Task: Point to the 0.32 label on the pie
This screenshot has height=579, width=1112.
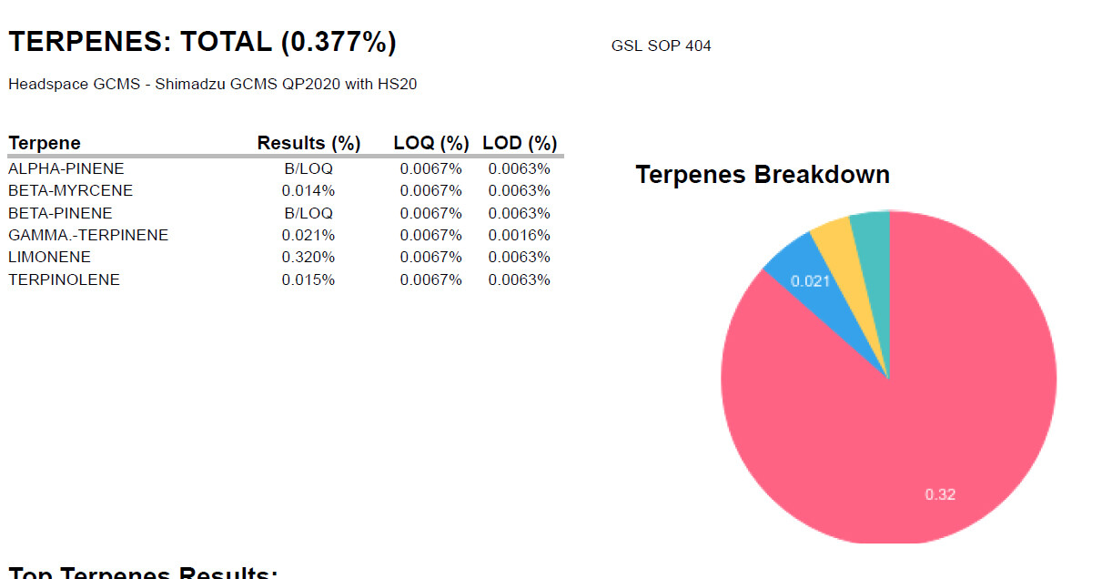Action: point(940,494)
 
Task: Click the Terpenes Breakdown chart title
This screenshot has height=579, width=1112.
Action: point(763,175)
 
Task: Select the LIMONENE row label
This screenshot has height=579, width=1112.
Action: point(50,258)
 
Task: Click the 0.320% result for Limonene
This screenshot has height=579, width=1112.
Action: point(308,258)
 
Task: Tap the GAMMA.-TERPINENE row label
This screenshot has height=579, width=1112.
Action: point(88,235)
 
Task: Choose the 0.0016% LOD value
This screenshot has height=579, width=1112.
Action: point(519,235)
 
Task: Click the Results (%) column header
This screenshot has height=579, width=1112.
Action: point(308,143)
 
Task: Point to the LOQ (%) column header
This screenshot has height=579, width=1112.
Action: point(431,143)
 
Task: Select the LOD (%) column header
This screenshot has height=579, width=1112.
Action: point(520,143)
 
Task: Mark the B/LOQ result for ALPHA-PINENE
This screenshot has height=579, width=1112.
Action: point(308,168)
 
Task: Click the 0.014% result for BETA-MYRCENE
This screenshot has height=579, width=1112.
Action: point(308,190)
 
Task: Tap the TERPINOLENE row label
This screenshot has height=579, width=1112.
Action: point(64,279)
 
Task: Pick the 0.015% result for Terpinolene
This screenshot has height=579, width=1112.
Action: point(308,279)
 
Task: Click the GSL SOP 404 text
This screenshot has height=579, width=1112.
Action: point(661,46)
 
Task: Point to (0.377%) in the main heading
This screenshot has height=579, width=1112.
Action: point(339,42)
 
